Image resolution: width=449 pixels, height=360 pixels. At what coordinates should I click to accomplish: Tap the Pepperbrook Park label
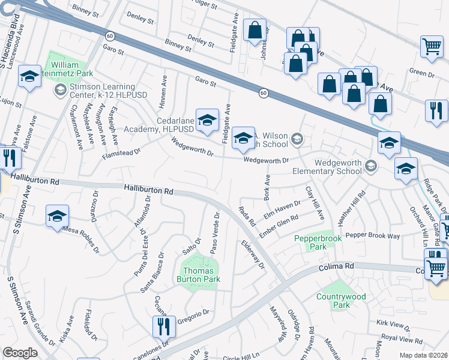(x=313, y=242)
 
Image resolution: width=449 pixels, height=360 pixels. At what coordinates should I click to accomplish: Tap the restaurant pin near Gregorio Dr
(x=162, y=327)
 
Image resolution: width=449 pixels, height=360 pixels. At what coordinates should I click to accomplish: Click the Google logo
(x=20, y=353)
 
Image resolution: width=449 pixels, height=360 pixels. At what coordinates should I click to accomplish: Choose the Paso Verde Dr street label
(x=215, y=232)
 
